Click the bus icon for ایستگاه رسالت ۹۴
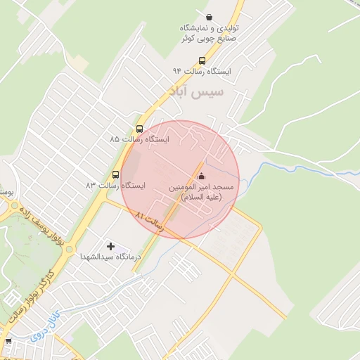[x=202, y=60]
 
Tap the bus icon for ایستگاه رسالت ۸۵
[x=139, y=129]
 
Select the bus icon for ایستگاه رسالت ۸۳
[x=116, y=174]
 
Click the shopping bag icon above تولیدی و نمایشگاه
[x=209, y=17]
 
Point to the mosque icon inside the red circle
[x=202, y=176]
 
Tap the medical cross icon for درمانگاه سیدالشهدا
[x=110, y=246]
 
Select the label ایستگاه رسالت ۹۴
[x=207, y=71]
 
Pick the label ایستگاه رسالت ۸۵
[x=140, y=140]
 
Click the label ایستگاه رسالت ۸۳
[x=115, y=186]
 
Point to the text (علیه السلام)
[x=202, y=198]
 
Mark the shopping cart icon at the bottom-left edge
[x=8, y=342]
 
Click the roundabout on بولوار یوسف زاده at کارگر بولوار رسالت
[x=13, y=207]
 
